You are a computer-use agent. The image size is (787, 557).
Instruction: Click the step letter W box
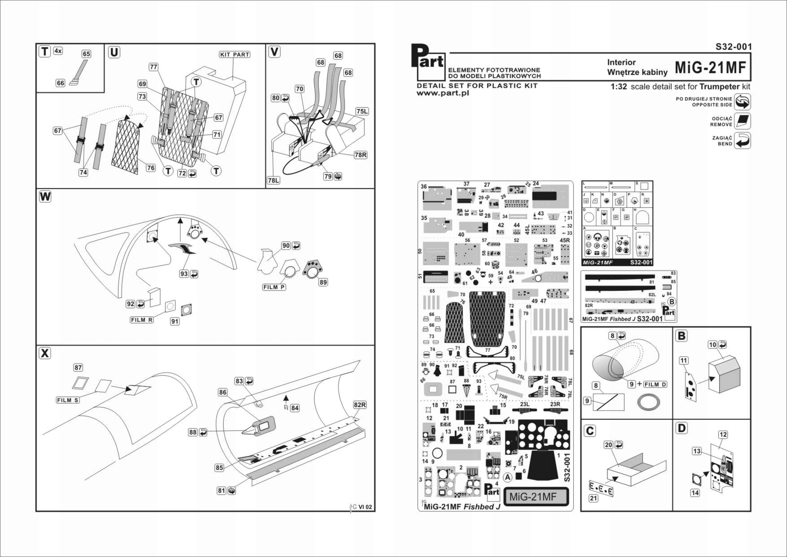[x=45, y=197]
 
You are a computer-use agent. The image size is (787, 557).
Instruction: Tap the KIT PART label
[x=234, y=54]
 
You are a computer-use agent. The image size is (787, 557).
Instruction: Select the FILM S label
[x=68, y=400]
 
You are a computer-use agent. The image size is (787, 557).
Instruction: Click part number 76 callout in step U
[x=151, y=168]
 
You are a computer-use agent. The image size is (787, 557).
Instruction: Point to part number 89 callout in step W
[x=323, y=282]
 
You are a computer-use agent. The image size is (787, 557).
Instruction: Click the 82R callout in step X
[x=360, y=405]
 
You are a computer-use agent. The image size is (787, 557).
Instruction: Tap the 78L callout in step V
[x=273, y=180]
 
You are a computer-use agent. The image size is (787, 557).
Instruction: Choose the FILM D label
[x=655, y=384]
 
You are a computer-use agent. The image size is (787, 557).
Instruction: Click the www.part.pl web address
[x=443, y=93]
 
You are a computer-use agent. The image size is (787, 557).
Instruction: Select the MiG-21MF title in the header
[x=710, y=67]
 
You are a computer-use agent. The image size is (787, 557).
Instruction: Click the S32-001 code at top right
[x=734, y=47]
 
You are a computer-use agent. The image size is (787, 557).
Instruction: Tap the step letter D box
[x=681, y=428]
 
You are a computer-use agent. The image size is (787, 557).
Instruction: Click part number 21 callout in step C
[x=594, y=498]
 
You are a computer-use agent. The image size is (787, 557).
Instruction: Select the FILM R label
[x=141, y=320]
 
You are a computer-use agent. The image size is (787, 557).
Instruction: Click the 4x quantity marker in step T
[x=58, y=51]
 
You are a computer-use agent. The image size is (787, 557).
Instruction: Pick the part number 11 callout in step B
[x=683, y=360]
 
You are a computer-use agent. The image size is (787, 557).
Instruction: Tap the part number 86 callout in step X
[x=223, y=392]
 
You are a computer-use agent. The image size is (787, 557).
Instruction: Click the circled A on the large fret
[x=507, y=477]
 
